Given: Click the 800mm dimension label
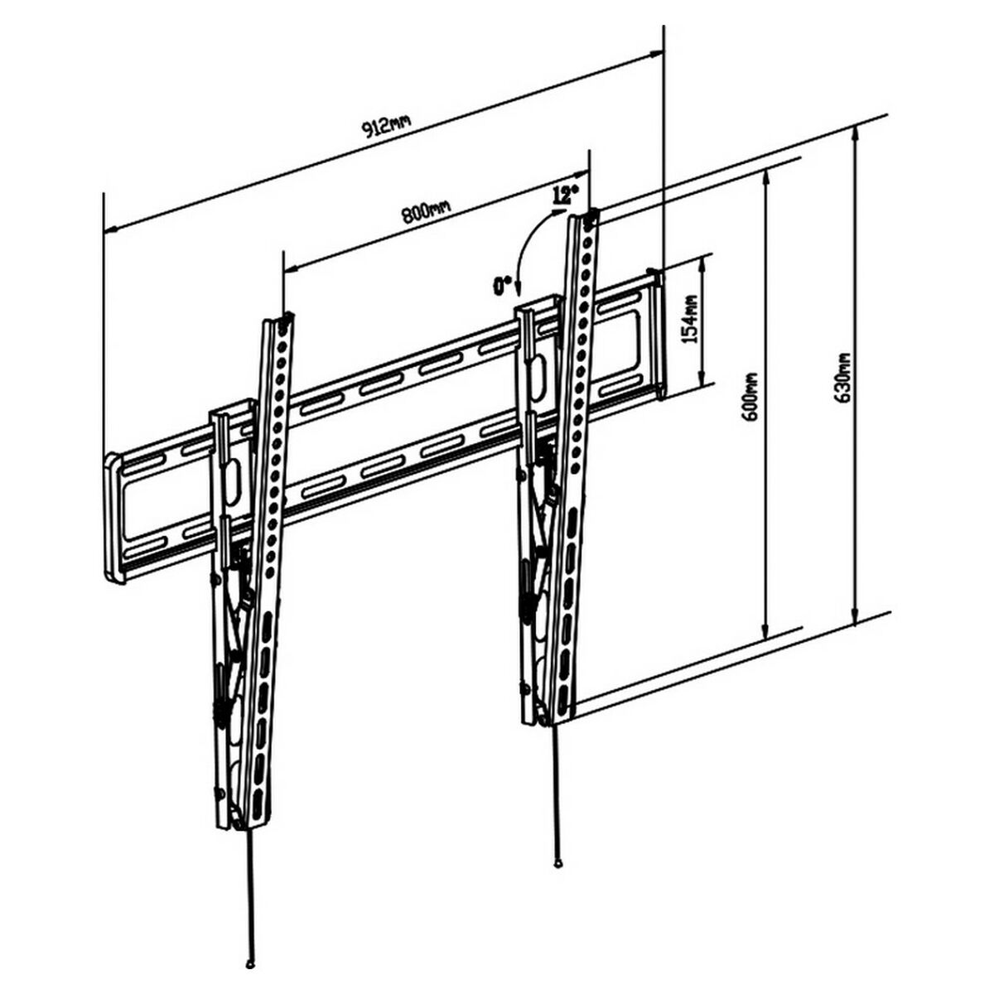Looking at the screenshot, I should click(x=426, y=212).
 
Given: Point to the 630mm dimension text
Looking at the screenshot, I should click(x=842, y=378).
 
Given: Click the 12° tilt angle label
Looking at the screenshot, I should click(x=564, y=195).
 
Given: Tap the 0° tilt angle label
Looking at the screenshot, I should click(x=501, y=286).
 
